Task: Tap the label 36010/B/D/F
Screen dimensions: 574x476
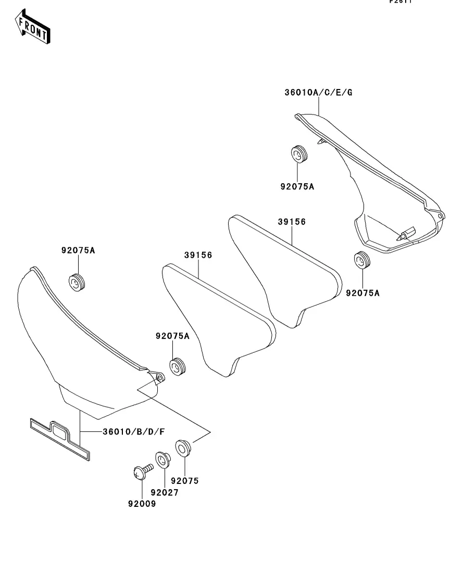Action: pos(134,431)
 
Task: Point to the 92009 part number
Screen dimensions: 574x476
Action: pos(142,504)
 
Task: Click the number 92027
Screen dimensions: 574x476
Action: pos(165,492)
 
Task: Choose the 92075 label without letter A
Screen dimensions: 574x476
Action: pos(185,481)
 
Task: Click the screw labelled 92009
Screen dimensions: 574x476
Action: pos(141,471)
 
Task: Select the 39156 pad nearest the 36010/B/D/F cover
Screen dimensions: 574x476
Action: pos(218,320)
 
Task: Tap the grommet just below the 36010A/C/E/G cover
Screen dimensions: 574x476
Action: pos(362,260)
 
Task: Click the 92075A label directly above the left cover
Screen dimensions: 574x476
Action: pos(78,250)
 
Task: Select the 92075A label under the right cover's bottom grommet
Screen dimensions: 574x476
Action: pos(363,293)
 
